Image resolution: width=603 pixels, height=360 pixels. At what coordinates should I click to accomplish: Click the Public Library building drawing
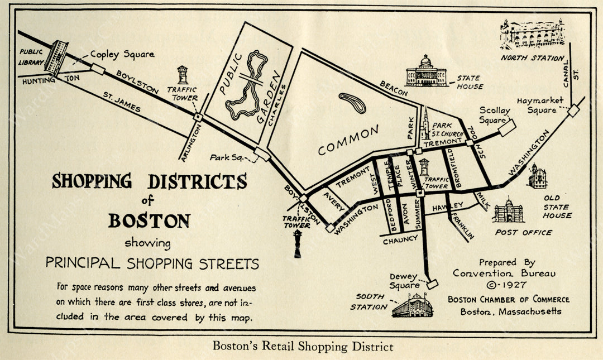(x=56, y=57)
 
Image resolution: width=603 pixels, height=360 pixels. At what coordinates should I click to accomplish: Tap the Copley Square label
(x=122, y=55)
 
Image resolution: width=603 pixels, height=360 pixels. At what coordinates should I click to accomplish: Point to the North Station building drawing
(x=532, y=35)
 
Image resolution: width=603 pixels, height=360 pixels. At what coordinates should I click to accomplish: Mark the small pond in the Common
(x=352, y=103)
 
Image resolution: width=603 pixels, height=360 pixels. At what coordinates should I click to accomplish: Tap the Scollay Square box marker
(x=507, y=129)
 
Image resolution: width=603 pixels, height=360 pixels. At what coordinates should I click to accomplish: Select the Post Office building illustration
(x=508, y=211)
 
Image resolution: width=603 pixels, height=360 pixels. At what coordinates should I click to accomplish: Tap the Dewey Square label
(x=404, y=281)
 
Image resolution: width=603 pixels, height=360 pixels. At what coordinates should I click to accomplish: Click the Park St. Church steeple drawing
(x=425, y=123)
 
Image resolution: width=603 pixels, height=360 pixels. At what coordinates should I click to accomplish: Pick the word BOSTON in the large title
(x=149, y=220)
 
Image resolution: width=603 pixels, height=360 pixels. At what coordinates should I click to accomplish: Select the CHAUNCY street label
(x=400, y=239)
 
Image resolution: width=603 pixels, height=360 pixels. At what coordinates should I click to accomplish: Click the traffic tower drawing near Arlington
(x=183, y=75)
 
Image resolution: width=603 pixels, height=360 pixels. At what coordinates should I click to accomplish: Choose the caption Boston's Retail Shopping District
(x=303, y=347)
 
